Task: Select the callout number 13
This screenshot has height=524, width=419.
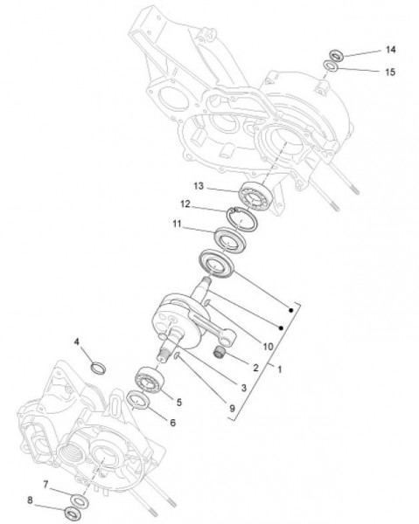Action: click(x=199, y=185)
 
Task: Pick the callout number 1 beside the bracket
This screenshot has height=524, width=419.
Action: click(x=280, y=369)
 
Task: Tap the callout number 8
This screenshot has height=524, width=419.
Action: click(x=30, y=500)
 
